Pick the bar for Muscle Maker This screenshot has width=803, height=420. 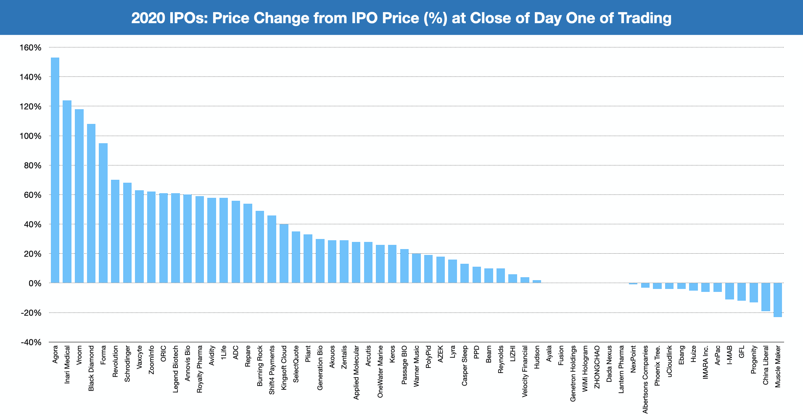coord(778,300)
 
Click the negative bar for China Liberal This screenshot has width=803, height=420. coord(766,297)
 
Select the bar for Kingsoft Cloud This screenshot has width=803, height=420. coord(284,254)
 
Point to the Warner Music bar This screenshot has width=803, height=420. coord(416,268)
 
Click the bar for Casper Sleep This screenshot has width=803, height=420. coord(465,273)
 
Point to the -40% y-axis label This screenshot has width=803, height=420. coord(30,342)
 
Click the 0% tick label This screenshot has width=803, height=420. coord(34,283)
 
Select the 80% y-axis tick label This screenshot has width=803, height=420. coord(32,165)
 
